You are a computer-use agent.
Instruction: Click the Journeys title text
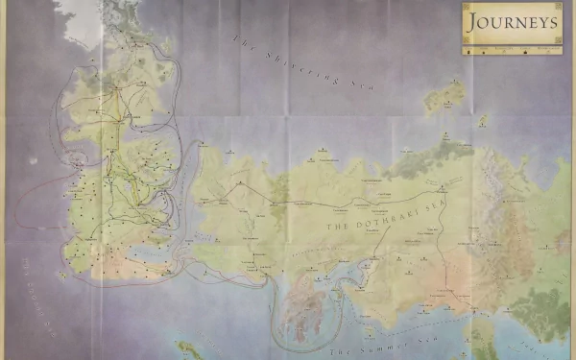coord(512,20)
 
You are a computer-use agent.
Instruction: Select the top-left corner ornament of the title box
coord(466,7)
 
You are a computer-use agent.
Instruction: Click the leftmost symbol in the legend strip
coord(469,44)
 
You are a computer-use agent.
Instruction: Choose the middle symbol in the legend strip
coord(511,44)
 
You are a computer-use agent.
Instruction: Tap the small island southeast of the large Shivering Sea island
coord(483,121)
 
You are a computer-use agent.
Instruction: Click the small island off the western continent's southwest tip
coord(63,276)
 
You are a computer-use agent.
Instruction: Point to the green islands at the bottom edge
coord(192,349)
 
